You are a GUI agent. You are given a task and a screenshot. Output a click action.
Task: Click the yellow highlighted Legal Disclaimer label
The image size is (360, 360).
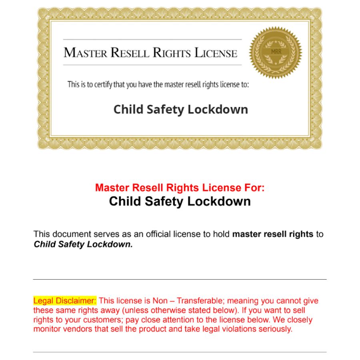(x=65, y=301)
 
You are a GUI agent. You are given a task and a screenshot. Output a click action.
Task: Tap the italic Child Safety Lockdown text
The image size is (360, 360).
(x=83, y=244)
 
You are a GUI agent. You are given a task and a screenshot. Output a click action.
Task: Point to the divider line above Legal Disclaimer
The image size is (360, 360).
(x=180, y=279)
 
